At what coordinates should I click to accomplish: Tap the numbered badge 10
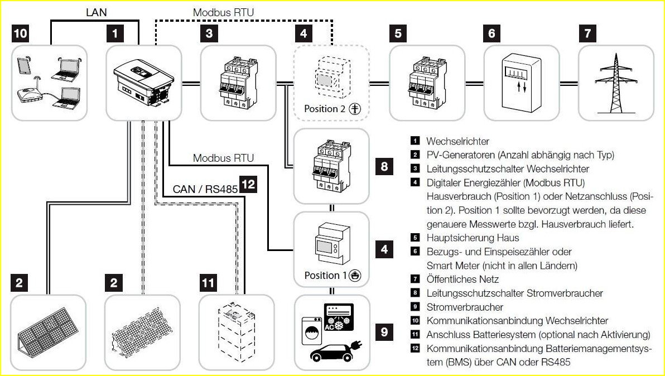[x=20, y=34]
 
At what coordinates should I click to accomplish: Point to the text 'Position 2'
[x=325, y=109]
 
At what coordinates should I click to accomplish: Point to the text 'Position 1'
[x=325, y=276]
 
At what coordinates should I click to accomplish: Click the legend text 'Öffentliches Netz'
[x=462, y=279]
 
